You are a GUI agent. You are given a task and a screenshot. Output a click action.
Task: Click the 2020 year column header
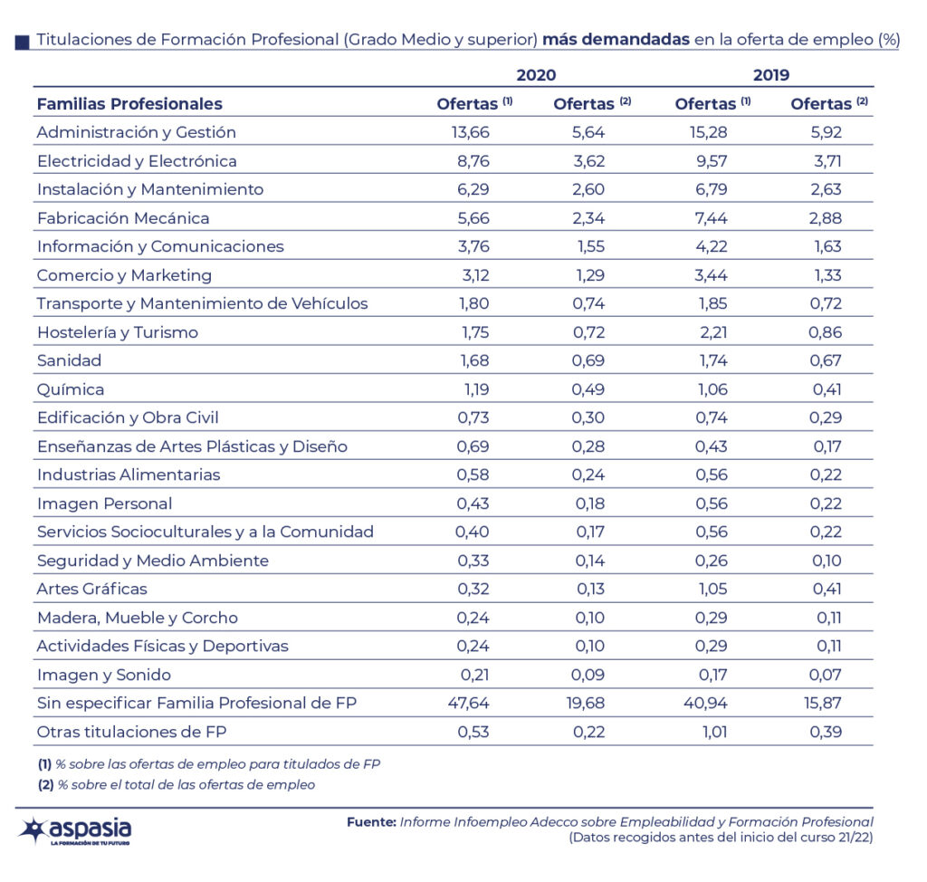pyautogui.click(x=536, y=75)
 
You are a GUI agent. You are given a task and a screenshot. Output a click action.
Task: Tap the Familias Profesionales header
pyautogui.click(x=129, y=104)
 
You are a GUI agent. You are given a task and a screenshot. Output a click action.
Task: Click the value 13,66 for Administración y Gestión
pyautogui.click(x=470, y=132)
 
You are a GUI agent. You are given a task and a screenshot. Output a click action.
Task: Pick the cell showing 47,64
pyautogui.click(x=470, y=703)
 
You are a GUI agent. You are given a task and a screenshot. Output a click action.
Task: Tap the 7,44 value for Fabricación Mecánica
pyautogui.click(x=712, y=218)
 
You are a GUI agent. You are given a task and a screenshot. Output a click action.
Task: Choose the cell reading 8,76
pyautogui.click(x=472, y=161)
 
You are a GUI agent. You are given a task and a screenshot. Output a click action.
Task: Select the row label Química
pyautogui.click(x=71, y=389)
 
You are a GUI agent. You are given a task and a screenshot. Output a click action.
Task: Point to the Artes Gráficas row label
pyautogui.click(x=91, y=589)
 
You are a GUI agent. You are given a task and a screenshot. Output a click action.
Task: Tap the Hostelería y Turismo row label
pyautogui.click(x=117, y=332)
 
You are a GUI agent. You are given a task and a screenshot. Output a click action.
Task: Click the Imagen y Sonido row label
pyautogui.click(x=103, y=675)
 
